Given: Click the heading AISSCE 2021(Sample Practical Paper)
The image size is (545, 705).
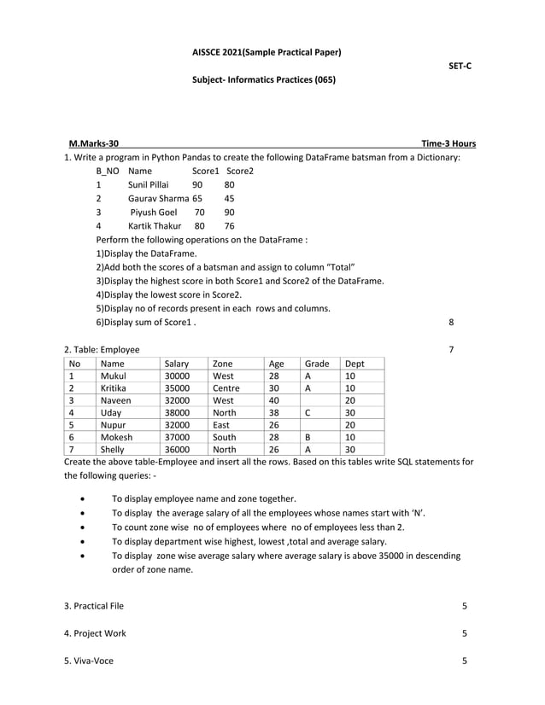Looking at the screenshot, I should coord(267,52).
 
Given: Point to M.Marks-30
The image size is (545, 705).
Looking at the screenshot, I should coord(94,143).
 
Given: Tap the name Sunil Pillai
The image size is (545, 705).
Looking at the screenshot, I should coord(149,184).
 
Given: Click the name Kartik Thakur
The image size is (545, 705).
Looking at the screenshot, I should coord(155,226).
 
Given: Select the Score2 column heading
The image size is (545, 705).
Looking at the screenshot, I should coord(240,171).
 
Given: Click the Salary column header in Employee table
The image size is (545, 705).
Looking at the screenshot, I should coord(177,364).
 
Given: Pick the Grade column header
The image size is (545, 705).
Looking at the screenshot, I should coord(317,364).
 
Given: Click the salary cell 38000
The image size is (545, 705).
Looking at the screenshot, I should coord(177,419).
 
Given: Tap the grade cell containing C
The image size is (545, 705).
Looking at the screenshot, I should coord(308,419).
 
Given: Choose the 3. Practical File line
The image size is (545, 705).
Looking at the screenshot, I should coord(94,606).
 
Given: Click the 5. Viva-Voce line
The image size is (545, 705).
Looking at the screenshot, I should coord(89,661).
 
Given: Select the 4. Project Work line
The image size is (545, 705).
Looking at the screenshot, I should coord(95,633).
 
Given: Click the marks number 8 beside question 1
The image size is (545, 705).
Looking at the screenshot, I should coord(451,323).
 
